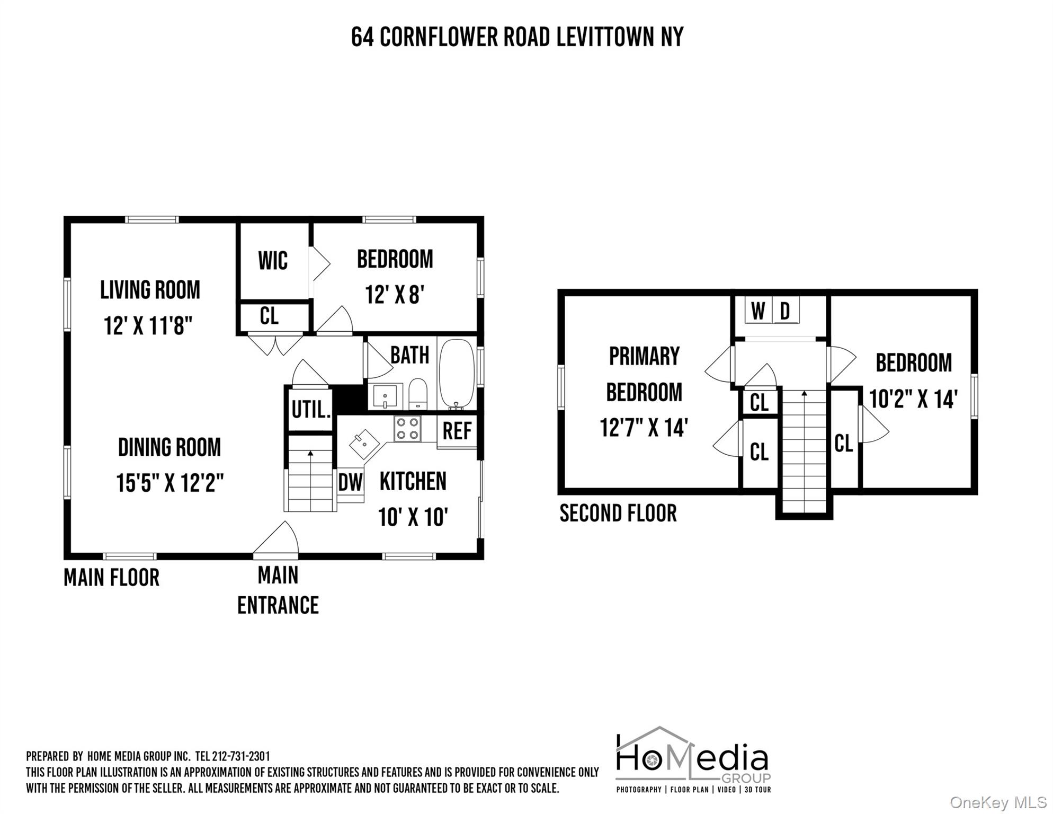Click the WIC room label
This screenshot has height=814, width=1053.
(x=273, y=261)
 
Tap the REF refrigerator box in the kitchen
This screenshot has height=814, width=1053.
(x=457, y=431)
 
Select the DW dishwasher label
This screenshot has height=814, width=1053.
(x=350, y=483)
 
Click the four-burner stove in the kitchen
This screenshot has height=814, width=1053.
(x=407, y=429)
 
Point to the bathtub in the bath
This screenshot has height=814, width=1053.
(x=457, y=374)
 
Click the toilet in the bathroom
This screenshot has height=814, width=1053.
(x=418, y=393)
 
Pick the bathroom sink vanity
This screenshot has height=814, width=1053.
(x=385, y=396)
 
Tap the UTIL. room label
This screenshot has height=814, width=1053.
(x=311, y=410)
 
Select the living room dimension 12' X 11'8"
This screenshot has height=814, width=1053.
(x=148, y=325)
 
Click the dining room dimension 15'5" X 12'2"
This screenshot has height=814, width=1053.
(x=169, y=483)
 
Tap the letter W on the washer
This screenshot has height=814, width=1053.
(x=758, y=311)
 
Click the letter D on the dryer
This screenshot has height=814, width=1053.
(x=785, y=311)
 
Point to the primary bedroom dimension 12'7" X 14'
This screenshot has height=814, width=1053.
(x=644, y=428)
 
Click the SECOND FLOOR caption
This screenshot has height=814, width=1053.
(x=618, y=513)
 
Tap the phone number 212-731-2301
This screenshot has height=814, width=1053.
(x=240, y=756)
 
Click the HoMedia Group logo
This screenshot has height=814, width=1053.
(x=693, y=759)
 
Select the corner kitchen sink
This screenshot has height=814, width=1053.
(x=364, y=444)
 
